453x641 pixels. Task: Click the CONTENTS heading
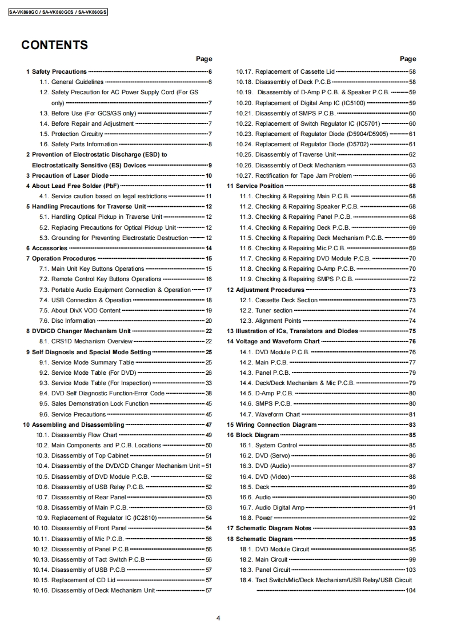[54, 45]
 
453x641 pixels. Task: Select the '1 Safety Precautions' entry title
[57, 71]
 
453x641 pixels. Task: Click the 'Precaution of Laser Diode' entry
[66, 175]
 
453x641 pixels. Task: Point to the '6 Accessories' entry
[46, 248]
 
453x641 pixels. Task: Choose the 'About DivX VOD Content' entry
[86, 310]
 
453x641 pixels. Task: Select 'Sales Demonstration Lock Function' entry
[100, 403]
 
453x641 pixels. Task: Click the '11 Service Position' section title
[255, 186]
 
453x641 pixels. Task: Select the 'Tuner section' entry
[274, 310]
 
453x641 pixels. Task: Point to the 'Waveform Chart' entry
[277, 414]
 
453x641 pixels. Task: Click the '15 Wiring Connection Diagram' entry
[272, 424]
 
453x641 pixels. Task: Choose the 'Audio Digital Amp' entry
[280, 507]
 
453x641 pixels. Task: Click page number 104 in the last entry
[410, 591]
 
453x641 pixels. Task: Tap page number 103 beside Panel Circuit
[410, 570]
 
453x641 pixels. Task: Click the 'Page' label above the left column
[204, 59]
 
